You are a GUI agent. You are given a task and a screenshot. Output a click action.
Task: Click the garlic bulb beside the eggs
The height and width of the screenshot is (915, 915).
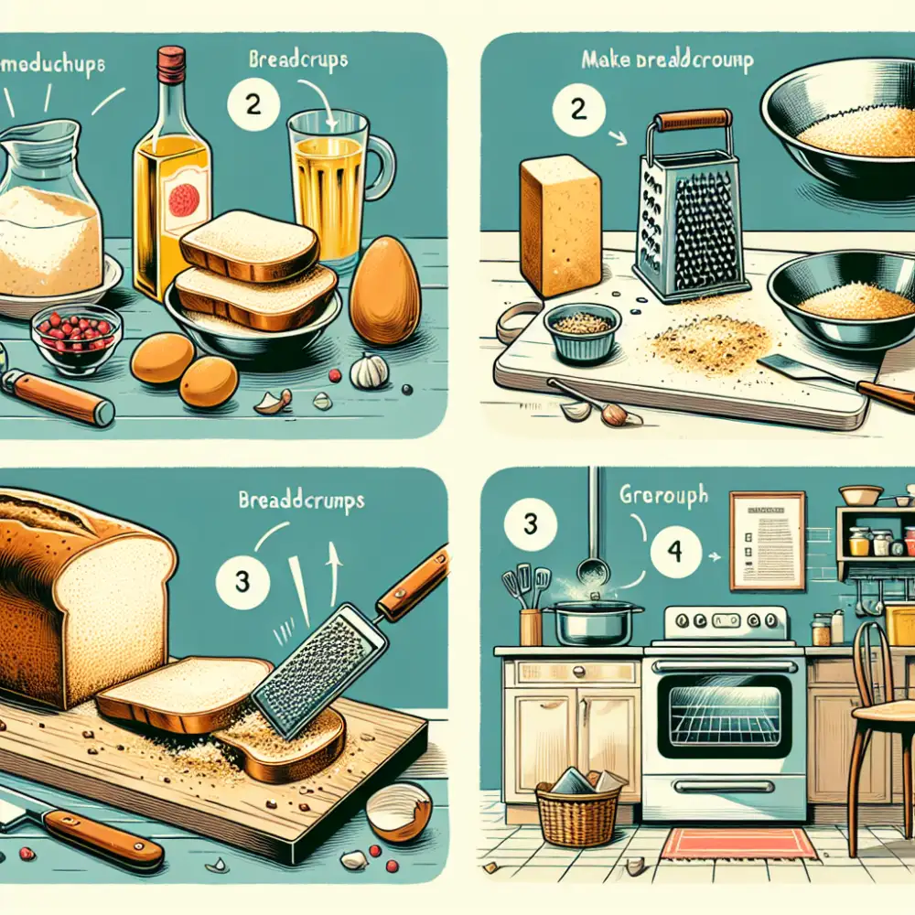click(x=369, y=371)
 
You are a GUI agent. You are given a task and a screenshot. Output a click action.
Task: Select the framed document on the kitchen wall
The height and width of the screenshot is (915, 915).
click(x=767, y=540)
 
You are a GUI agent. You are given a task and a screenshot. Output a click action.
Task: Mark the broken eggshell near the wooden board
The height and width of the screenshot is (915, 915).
click(x=399, y=810)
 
